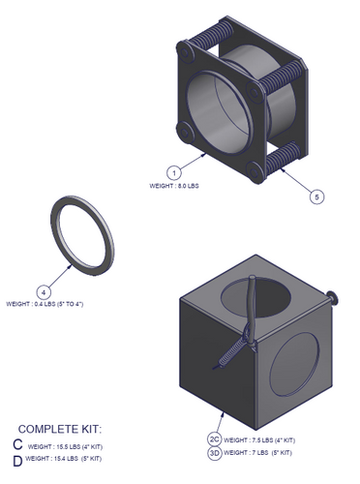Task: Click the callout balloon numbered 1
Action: pyautogui.click(x=173, y=171)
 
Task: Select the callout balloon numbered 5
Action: pyautogui.click(x=316, y=197)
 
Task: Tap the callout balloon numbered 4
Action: pyautogui.click(x=43, y=290)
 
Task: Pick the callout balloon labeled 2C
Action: pyautogui.click(x=215, y=438)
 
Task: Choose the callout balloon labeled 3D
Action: pyautogui.click(x=215, y=451)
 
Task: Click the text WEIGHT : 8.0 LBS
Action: pyautogui.click(x=174, y=185)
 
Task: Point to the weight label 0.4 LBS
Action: pyautogui.click(x=45, y=304)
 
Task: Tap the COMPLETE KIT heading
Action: pyautogui.click(x=60, y=428)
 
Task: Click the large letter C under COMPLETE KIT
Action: pyautogui.click(x=17, y=444)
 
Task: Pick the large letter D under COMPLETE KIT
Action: pyautogui.click(x=17, y=461)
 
